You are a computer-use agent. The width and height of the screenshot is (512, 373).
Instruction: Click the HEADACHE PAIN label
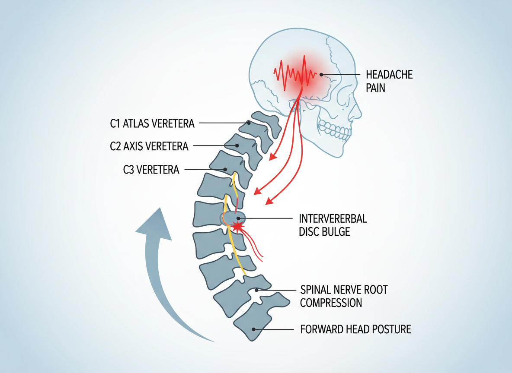click(389, 81)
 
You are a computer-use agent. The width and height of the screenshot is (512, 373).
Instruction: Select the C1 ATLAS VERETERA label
click(152, 124)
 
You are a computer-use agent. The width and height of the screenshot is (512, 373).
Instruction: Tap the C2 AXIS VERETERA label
click(149, 146)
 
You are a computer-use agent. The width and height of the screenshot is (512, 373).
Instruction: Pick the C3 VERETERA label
click(151, 170)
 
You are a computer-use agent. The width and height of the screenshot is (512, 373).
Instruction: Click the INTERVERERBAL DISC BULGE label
click(333, 225)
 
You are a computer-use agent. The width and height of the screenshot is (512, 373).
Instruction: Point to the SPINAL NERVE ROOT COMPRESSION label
click(344, 296)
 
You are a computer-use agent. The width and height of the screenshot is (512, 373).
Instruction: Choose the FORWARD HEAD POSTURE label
click(355, 329)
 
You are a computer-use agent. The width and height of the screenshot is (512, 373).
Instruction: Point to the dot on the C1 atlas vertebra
click(249, 123)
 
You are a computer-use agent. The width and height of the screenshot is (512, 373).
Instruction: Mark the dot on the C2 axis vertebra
click(237, 146)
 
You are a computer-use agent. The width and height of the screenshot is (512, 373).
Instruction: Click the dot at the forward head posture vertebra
click(254, 329)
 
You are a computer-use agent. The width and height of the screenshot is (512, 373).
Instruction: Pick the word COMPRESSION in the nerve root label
click(331, 303)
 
